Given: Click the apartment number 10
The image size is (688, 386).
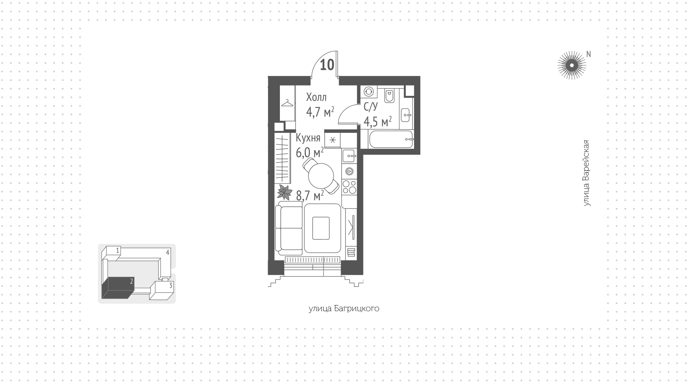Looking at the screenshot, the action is (x=327, y=65).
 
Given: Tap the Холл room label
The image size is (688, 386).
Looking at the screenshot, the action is (x=316, y=97).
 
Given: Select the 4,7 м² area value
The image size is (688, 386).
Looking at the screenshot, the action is (x=320, y=112).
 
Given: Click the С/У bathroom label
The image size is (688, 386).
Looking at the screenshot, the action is (x=371, y=106).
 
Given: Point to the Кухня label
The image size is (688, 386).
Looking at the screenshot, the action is (x=308, y=138).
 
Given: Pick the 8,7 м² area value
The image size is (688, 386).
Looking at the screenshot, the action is (x=310, y=195).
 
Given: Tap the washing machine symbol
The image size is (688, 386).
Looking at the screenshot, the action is (x=368, y=91).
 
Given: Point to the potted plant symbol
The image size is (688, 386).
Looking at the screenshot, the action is (x=285, y=193).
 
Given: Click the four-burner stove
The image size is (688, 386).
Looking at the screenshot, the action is (x=349, y=186).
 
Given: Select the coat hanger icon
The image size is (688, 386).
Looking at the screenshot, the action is (x=287, y=103).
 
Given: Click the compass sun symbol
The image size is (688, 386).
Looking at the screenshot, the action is (x=572, y=65).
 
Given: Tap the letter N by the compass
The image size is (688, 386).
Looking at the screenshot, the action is (x=588, y=54).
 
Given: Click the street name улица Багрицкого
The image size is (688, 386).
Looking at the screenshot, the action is (x=344, y=309).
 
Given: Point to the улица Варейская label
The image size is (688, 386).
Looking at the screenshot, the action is (x=586, y=173).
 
